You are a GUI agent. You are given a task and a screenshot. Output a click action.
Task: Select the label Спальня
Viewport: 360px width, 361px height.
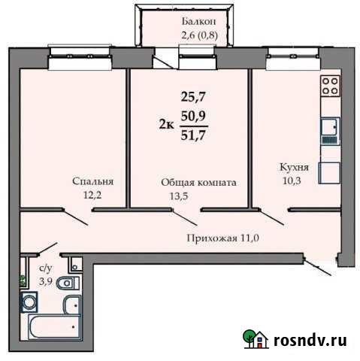(x=93, y=181)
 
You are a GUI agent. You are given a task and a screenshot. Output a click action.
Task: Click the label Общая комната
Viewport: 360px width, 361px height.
(x=199, y=183)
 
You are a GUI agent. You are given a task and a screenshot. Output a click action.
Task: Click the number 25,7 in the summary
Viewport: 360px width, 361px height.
(x=193, y=96)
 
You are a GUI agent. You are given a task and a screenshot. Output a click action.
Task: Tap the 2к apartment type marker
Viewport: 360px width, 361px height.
(x=168, y=125)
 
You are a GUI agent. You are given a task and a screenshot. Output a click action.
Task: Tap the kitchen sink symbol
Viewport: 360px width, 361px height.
(x=329, y=132)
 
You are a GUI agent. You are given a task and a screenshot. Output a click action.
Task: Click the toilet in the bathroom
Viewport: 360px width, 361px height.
(x=67, y=283)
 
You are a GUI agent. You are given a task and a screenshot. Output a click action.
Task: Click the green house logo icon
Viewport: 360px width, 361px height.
(x=254, y=340)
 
